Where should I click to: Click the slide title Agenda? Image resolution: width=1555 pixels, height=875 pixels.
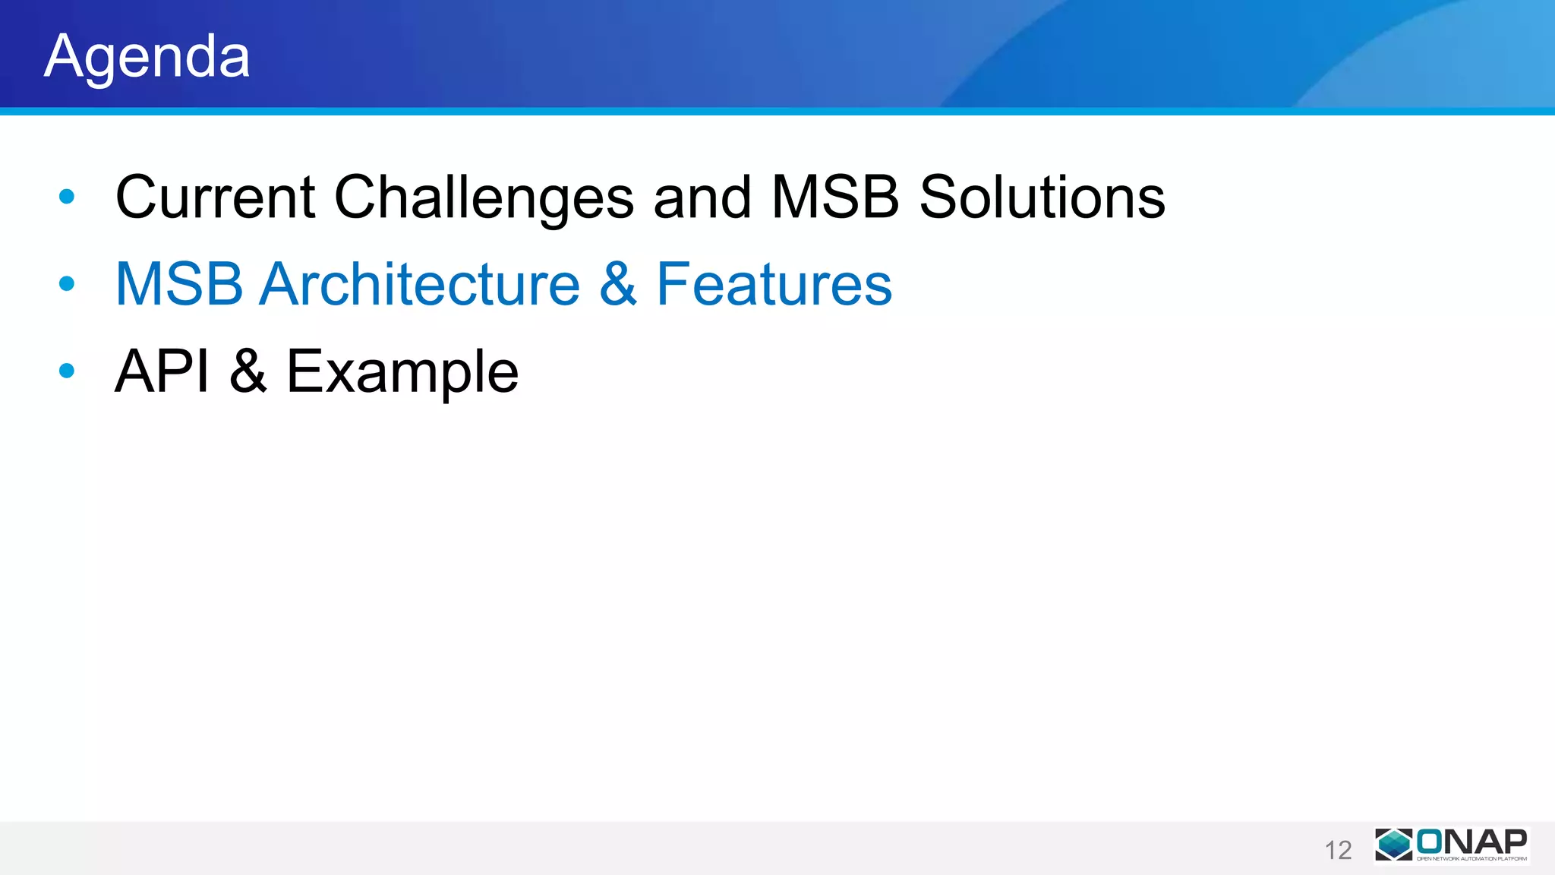tap(147, 56)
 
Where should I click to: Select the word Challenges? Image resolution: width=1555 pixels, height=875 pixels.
tap(484, 197)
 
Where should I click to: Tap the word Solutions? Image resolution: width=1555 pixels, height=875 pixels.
tap(1042, 197)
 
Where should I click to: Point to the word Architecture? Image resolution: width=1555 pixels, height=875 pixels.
tap(419, 284)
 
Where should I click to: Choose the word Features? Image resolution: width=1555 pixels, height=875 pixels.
tap(774, 284)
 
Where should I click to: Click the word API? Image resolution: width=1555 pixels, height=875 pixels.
tap(162, 371)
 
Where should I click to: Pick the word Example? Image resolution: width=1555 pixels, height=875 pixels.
tap(402, 371)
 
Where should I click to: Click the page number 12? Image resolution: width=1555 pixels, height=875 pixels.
tap(1338, 850)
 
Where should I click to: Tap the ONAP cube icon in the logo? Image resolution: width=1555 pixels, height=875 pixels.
tap(1394, 845)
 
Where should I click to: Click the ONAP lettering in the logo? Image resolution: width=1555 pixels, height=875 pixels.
tap(1471, 841)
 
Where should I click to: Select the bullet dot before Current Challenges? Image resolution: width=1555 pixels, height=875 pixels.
tap(67, 197)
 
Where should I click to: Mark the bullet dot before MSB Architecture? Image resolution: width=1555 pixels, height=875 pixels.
tap(67, 284)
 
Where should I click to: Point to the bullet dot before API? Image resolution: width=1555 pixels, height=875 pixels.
tap(67, 371)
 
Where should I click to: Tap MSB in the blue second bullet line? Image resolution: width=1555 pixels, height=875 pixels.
tap(179, 284)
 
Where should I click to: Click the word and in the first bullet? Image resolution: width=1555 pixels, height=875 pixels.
tap(702, 197)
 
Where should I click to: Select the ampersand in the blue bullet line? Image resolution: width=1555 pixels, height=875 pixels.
tap(618, 284)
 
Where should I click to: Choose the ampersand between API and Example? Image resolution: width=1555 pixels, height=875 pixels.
tap(248, 371)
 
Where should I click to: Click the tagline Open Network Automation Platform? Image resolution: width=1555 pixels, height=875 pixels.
tap(1471, 859)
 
